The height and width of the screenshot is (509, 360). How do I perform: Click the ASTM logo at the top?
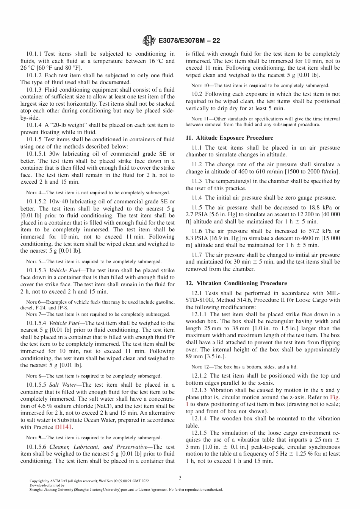149,40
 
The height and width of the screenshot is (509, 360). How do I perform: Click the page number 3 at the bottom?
180,478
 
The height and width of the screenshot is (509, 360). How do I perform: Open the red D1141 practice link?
63,427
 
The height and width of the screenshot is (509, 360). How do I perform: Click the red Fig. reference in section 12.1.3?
335,397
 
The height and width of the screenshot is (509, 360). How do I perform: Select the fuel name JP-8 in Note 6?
63,308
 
